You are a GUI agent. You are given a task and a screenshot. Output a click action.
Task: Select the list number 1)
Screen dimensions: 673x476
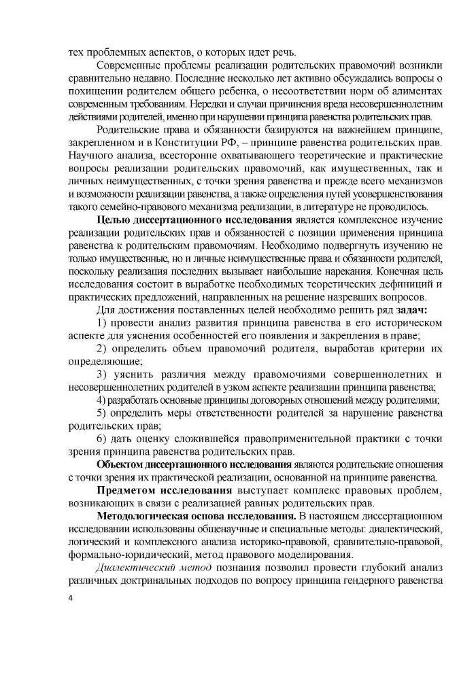point(102,322)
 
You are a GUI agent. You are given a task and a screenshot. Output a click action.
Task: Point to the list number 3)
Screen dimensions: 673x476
point(102,374)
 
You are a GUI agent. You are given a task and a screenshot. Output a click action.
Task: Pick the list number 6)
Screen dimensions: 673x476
point(102,438)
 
